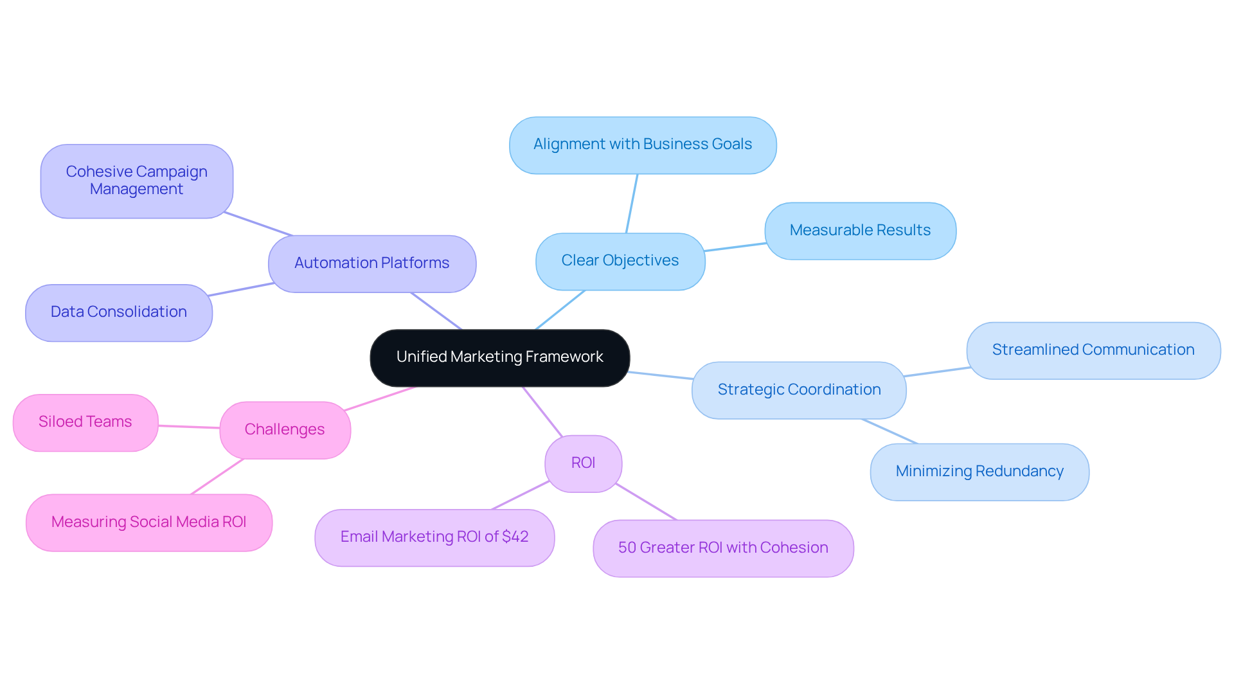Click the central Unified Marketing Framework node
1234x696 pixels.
coord(499,357)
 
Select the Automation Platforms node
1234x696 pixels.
coord(371,263)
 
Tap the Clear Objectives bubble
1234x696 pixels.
coord(620,261)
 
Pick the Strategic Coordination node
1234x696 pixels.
coord(798,390)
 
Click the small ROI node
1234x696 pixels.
coord(583,463)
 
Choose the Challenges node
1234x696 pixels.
coord(285,430)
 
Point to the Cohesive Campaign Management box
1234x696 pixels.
coord(136,181)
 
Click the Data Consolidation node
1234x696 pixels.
coord(118,312)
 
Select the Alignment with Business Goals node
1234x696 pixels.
coord(642,145)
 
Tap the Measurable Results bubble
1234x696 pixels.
coord(859,231)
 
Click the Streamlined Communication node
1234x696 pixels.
coord(1093,350)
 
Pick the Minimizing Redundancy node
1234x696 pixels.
coord(979,472)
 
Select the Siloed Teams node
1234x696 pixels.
coord(85,422)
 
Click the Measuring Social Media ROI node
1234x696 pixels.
coord(148,522)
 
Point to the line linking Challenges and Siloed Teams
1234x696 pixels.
coord(189,426)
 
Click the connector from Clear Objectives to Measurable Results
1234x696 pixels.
coord(735,247)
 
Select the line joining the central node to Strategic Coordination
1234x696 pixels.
coord(661,375)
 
